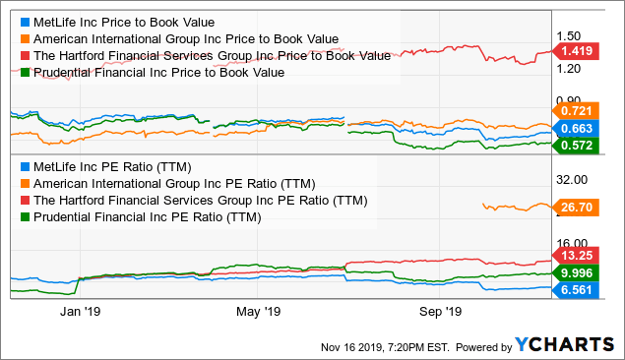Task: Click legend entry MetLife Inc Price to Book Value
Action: (123, 21)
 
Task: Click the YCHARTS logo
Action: (563, 345)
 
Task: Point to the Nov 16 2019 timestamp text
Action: (379, 346)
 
